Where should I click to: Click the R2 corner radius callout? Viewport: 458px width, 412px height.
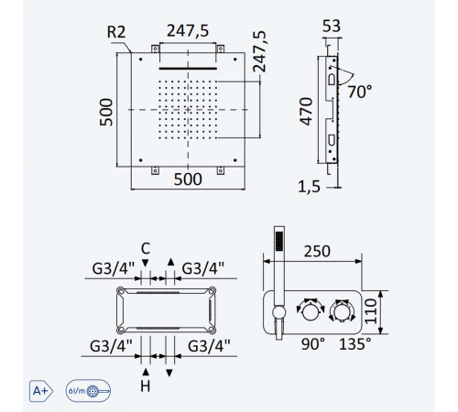(116, 32)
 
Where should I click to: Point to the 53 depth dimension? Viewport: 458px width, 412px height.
(332, 26)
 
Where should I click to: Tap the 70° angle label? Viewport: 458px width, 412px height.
(360, 92)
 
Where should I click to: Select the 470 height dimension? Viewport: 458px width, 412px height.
(306, 112)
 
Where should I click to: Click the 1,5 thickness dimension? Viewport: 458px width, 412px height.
(309, 187)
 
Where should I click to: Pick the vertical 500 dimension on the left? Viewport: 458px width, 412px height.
(106, 112)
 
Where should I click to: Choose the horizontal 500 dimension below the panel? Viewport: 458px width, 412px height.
(188, 179)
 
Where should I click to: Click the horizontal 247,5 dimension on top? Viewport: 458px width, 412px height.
(188, 31)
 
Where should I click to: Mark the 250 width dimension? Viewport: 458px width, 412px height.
(317, 252)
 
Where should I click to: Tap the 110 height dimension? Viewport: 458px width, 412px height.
(371, 311)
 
